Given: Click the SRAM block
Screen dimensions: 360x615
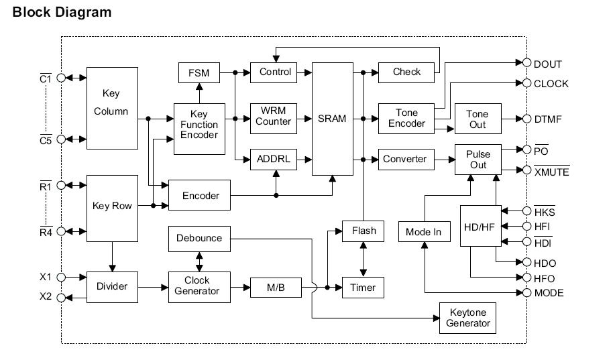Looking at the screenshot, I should point(332,119).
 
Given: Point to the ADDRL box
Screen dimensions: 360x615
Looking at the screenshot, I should point(273,160).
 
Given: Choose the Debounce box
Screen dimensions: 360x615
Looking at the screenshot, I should point(199,238).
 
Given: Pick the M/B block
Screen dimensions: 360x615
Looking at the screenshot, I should point(275,288).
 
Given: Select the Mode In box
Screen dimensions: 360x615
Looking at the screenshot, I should point(424,232).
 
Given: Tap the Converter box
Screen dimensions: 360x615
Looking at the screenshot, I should point(404,159).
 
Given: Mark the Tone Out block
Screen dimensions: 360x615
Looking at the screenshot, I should point(477,119).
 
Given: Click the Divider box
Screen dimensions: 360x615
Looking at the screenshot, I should point(112,287).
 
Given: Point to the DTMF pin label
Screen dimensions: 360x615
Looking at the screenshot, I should point(547,119).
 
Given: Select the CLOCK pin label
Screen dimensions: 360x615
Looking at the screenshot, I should point(551,84).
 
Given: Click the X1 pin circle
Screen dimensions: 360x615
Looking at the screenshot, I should point(62,277).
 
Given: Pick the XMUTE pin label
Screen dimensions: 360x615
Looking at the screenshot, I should point(551,172).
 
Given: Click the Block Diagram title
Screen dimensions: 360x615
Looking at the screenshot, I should point(62,12).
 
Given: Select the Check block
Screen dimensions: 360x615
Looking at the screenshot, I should point(406,72).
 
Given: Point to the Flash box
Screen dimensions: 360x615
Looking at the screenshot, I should point(364,231).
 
